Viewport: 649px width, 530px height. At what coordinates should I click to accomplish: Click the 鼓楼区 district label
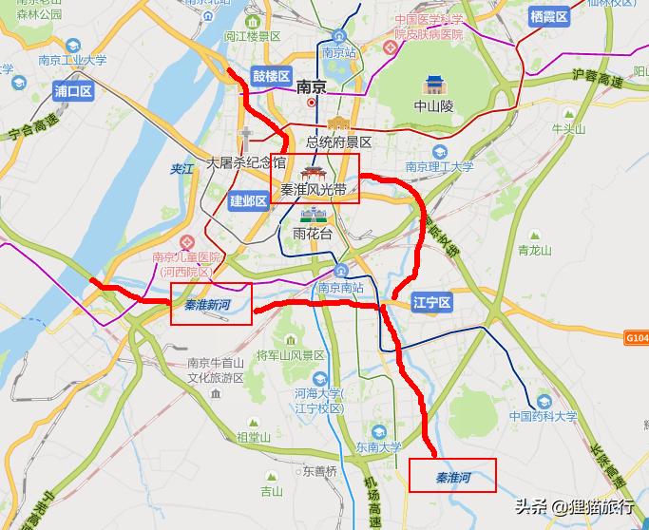pos(271,76)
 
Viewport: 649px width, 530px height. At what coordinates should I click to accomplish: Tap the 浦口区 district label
pos(73,91)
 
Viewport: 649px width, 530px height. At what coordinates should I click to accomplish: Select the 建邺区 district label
pos(249,200)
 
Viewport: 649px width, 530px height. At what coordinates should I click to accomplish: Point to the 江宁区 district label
pos(432,303)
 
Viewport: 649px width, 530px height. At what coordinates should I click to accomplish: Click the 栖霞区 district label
pos(548,16)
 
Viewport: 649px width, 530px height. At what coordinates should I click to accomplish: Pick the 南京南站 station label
pos(340,288)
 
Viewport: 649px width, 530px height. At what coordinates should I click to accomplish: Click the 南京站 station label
pos(337,53)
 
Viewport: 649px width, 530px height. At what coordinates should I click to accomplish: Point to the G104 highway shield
pos(637,337)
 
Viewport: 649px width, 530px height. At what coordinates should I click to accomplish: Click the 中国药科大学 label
pos(543,416)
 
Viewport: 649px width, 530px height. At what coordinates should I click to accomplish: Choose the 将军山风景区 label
pos(291,355)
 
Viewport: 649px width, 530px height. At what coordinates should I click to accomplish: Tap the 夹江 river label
pos(181,168)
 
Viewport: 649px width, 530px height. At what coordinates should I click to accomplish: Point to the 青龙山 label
pos(535,251)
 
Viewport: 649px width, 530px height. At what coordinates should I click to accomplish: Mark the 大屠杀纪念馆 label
pos(246,163)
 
